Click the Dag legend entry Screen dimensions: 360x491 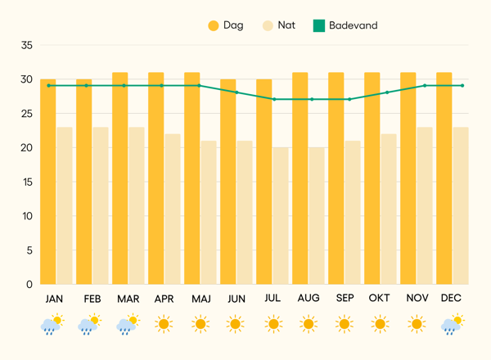232,25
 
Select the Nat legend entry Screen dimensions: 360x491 277,25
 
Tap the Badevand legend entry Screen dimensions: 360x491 344,25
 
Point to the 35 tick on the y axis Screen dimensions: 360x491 26,46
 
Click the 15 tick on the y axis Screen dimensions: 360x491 26,182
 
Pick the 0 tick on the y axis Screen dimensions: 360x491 29,284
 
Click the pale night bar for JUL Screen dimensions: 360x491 281,216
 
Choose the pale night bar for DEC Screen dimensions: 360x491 461,205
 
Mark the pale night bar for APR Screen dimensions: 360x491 173,209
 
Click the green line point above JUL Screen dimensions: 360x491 273,99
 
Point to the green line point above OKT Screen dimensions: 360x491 386,92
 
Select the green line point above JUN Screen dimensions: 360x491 236,92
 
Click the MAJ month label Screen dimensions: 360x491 200,299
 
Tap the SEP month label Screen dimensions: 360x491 345,299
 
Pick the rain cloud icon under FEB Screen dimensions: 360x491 89,325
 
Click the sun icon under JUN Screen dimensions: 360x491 236,325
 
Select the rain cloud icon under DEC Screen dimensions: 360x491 452,325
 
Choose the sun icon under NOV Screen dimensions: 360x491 416,325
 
